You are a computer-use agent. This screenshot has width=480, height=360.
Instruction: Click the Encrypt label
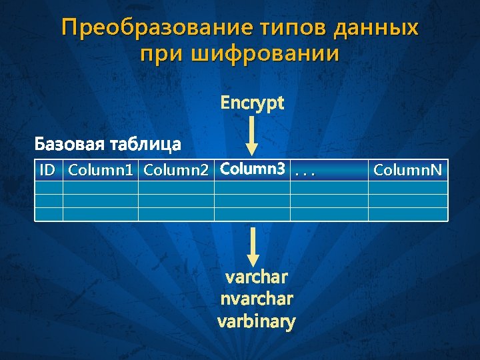pyautogui.click(x=252, y=103)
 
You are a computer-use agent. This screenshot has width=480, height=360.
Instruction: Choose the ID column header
pyautogui.click(x=47, y=171)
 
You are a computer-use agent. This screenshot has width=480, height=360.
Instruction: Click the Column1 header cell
pyautogui.click(x=101, y=171)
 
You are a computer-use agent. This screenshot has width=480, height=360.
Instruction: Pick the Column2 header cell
pyautogui.click(x=176, y=171)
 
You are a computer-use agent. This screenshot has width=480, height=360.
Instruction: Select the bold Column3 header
pyautogui.click(x=251, y=170)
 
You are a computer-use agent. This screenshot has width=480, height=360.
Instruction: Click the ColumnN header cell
pyautogui.click(x=407, y=171)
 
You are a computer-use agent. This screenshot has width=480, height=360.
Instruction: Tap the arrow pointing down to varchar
pyautogui.click(x=252, y=246)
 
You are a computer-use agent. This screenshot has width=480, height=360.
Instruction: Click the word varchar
pyautogui.click(x=257, y=277)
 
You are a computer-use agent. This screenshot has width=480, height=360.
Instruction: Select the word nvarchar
pyautogui.click(x=257, y=299)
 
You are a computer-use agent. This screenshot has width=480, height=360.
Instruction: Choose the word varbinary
pyautogui.click(x=257, y=322)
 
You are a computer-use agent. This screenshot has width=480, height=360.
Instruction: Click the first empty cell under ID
pyautogui.click(x=49, y=187)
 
